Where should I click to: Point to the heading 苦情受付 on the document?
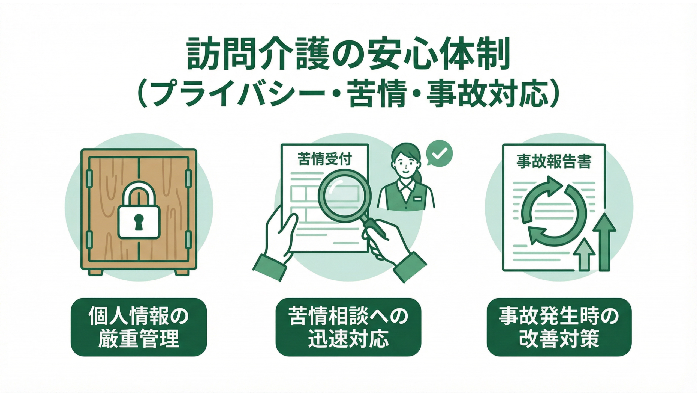325,159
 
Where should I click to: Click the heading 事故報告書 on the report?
554,162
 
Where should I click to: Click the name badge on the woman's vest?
417,199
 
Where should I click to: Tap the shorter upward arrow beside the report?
584,254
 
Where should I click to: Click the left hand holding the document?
275,240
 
